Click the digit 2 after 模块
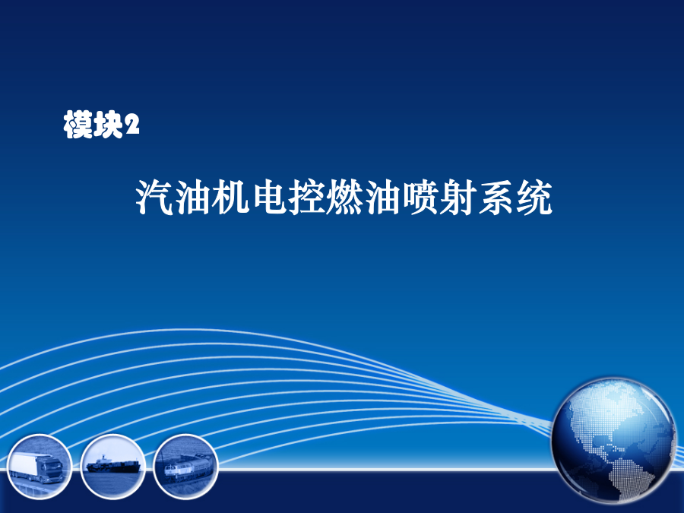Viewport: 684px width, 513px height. [x=131, y=125]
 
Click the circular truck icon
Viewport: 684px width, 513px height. [x=40, y=467]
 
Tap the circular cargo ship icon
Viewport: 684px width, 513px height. [x=112, y=467]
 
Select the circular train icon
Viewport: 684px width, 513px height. [x=186, y=467]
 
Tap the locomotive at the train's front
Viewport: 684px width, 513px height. [x=173, y=471]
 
